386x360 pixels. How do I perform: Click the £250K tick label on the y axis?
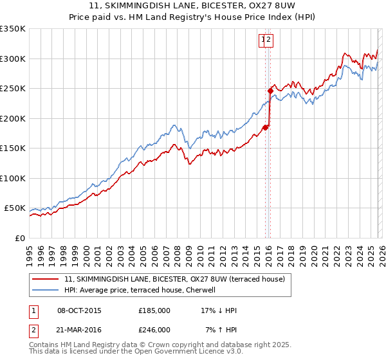[13, 89]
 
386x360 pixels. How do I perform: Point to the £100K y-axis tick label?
[13, 178]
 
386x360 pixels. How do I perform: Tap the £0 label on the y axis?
[19, 238]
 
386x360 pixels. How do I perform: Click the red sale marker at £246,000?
[270, 91]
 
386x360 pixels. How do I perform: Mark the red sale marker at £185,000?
[265, 127]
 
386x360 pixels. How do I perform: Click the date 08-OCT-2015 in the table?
[79, 310]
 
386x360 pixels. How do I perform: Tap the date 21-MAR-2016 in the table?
[79, 330]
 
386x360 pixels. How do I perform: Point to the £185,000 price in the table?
[154, 310]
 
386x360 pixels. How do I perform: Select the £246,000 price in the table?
[154, 330]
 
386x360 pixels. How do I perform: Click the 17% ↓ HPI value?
[219, 310]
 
